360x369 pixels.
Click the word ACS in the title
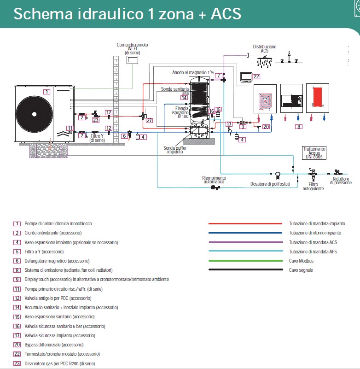(x=226, y=14)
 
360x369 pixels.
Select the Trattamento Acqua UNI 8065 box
(x=315, y=153)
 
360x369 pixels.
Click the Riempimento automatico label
(x=214, y=180)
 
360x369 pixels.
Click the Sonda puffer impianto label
(x=173, y=150)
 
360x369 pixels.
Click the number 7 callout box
(x=219, y=76)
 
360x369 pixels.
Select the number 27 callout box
(x=149, y=120)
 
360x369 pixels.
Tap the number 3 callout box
(x=243, y=127)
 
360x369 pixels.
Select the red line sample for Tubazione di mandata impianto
(x=245, y=223)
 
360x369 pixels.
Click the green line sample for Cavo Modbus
(x=245, y=261)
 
